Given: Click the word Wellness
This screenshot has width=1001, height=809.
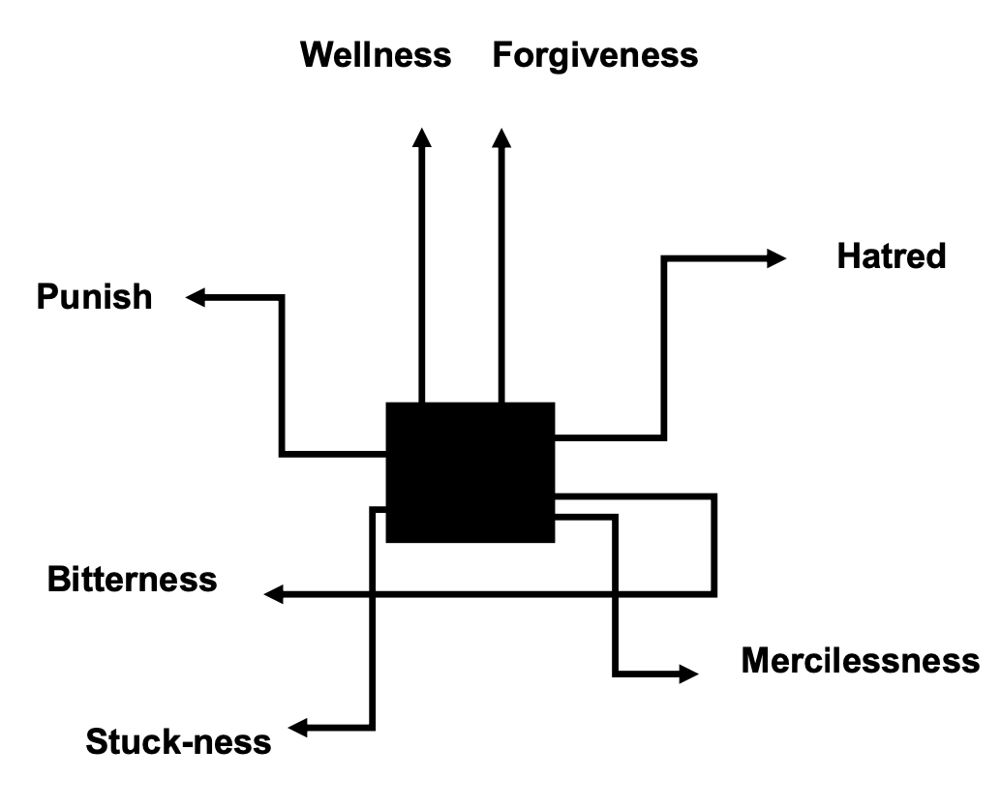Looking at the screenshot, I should pyautogui.click(x=376, y=54).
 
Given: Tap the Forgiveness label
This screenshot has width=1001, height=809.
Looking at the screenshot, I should pyautogui.click(x=594, y=55).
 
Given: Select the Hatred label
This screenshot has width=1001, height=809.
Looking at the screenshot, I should pyautogui.click(x=891, y=256).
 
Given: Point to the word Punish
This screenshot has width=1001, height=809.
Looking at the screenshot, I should pyautogui.click(x=95, y=296).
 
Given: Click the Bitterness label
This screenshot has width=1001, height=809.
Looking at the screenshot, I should pyautogui.click(x=133, y=580).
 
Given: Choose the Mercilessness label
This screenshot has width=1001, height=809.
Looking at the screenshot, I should pyautogui.click(x=860, y=661).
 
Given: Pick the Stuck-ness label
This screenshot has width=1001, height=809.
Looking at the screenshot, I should pyautogui.click(x=178, y=742).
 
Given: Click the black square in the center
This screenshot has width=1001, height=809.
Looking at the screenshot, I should pyautogui.click(x=470, y=472).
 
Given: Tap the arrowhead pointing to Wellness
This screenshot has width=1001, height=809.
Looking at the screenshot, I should pyautogui.click(x=421, y=137).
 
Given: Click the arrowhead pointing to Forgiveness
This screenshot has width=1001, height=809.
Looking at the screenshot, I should pyautogui.click(x=501, y=137).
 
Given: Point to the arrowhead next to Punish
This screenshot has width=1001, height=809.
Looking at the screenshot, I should pyautogui.click(x=197, y=297).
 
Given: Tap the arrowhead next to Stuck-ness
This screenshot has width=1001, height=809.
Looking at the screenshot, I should pyautogui.click(x=301, y=727).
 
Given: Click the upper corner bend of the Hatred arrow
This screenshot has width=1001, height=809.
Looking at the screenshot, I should pyautogui.click(x=664, y=258).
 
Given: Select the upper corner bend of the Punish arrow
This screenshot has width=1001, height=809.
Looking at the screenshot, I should pyautogui.click(x=282, y=298).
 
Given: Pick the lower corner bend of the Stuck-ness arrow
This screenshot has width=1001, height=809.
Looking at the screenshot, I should pyautogui.click(x=372, y=726).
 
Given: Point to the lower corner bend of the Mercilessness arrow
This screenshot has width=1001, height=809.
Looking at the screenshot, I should pyautogui.click(x=616, y=673).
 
